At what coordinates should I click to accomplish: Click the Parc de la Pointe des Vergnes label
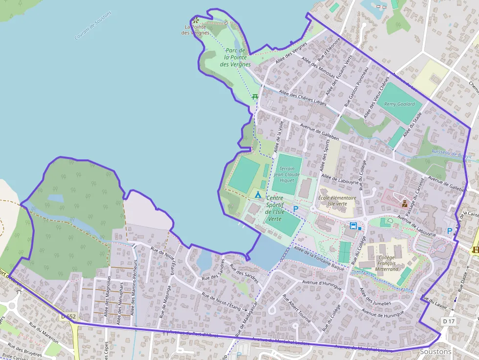(235, 57)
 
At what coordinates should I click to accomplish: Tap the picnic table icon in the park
(255, 97)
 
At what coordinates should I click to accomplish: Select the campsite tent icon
(258, 195)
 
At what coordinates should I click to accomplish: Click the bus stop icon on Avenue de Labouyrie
(353, 226)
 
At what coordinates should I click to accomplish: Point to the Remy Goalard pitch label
(399, 104)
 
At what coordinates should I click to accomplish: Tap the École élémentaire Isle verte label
(336, 201)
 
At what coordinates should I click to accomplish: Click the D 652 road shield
(69, 317)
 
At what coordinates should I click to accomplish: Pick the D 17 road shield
(448, 321)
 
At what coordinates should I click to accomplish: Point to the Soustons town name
(435, 352)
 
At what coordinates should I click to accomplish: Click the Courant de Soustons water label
(93, 26)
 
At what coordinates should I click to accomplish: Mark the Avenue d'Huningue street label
(321, 284)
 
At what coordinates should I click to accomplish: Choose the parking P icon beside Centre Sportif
(295, 209)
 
